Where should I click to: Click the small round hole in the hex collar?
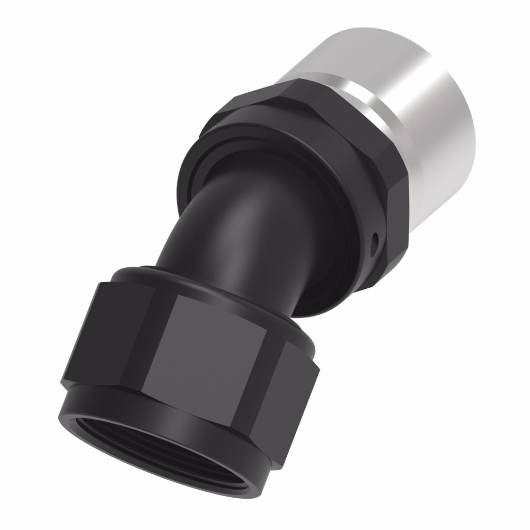coord(376,243)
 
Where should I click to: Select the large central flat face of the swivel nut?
coord(212,350)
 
